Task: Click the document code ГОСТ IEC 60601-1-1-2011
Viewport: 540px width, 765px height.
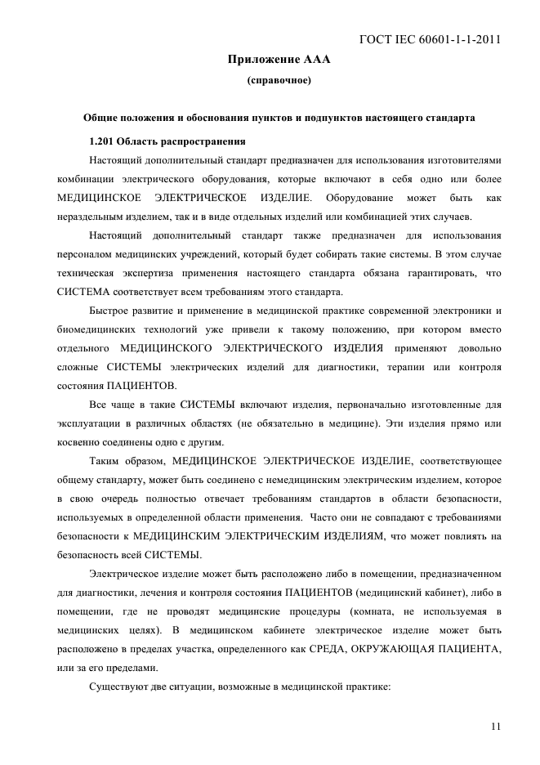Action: click(x=429, y=38)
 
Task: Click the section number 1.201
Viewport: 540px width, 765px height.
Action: click(x=105, y=139)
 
